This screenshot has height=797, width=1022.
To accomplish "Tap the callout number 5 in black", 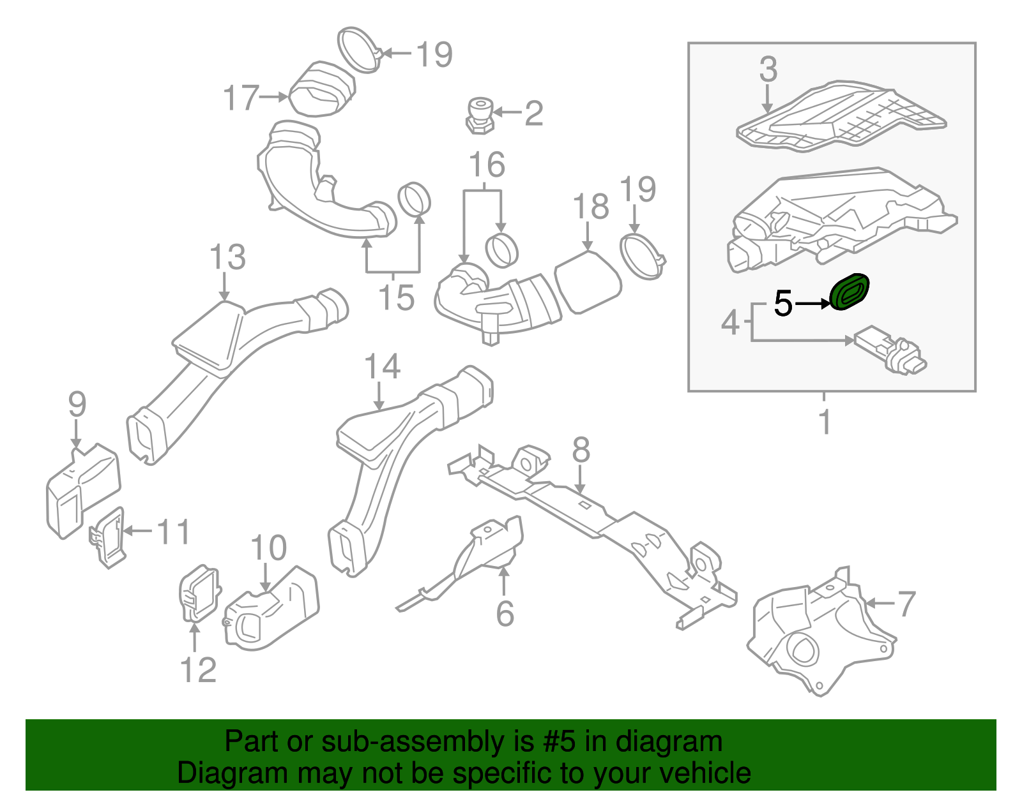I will [783, 304].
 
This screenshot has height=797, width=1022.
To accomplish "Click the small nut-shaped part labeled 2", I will [480, 115].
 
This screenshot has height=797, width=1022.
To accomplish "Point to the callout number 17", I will [241, 98].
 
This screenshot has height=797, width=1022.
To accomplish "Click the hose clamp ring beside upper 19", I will [358, 49].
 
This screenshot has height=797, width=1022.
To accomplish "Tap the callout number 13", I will [227, 258].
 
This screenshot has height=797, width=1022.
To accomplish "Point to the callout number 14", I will [382, 367].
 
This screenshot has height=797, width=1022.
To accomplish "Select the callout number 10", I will [268, 548].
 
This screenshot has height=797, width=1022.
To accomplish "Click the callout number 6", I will [505, 613].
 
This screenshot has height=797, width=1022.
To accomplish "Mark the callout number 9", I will [77, 405].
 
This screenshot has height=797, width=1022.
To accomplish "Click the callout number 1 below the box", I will [825, 422].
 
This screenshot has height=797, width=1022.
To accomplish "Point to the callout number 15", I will [396, 297].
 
